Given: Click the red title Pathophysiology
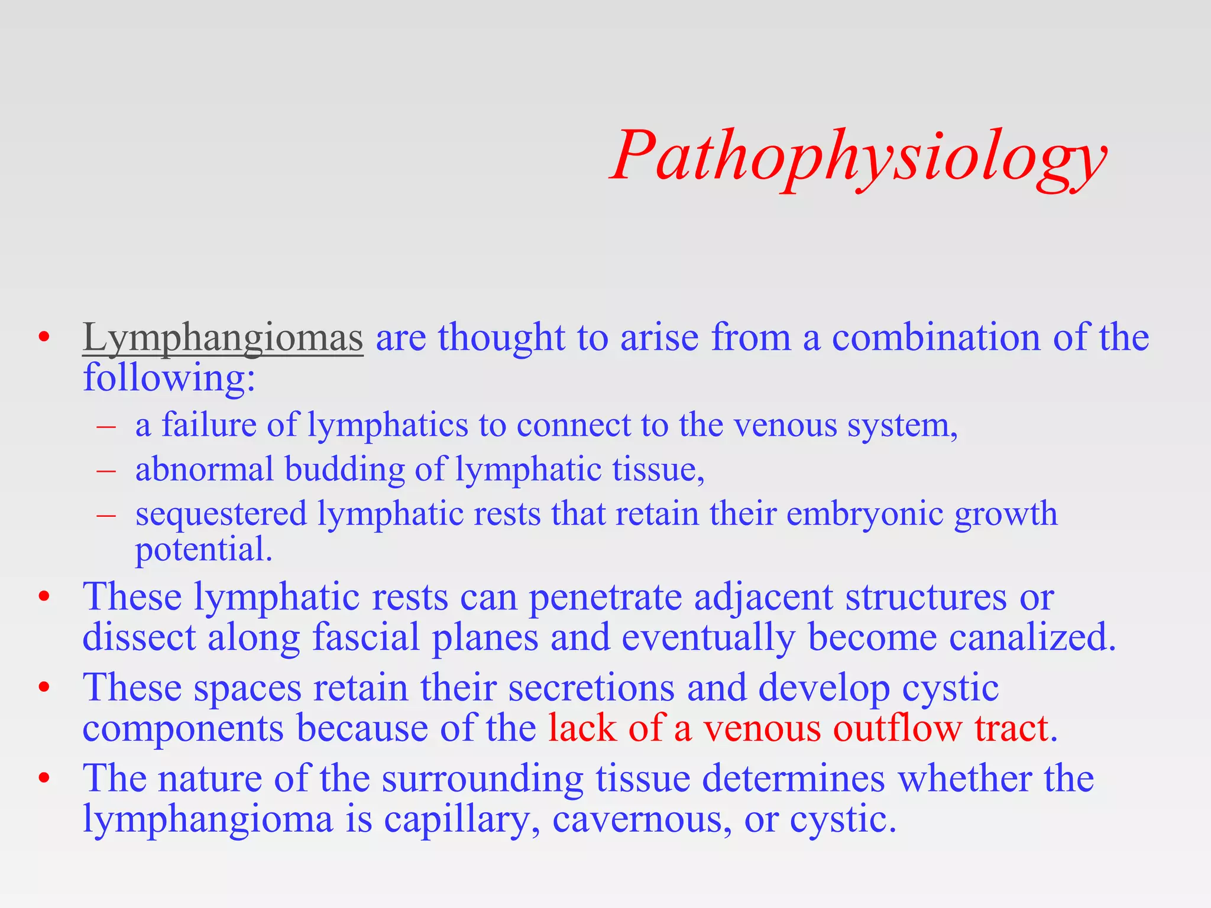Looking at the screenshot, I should (x=859, y=157).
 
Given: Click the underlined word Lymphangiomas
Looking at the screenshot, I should (x=222, y=338).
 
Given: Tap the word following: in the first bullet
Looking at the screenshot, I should (x=169, y=378).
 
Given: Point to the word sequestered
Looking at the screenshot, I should (x=221, y=514).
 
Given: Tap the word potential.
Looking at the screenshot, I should (x=203, y=550).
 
